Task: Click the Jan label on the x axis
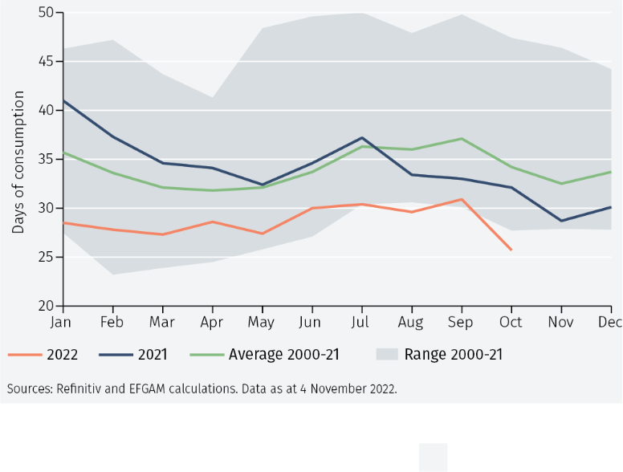click(61, 322)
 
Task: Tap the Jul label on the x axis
click(361, 322)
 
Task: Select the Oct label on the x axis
click(511, 322)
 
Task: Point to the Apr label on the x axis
click(212, 322)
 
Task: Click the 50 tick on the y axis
click(45, 13)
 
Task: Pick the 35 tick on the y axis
click(45, 159)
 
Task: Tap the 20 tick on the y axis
click(45, 306)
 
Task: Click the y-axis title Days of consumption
click(18, 162)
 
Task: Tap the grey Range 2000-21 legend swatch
click(386, 354)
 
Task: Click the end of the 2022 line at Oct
click(511, 250)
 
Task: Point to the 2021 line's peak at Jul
click(362, 137)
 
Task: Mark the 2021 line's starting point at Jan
click(63, 100)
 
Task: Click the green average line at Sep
click(461, 138)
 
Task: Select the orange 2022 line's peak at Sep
click(461, 199)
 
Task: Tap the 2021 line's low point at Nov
click(561, 221)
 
